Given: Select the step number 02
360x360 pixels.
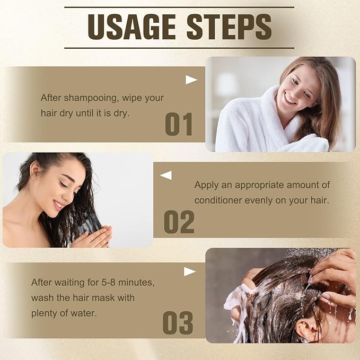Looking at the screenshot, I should point(179,222).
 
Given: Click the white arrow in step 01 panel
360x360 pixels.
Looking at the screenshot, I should point(191,80).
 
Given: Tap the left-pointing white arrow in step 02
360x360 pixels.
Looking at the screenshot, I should point(166,175).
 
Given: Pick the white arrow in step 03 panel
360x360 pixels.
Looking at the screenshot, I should point(190,271).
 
